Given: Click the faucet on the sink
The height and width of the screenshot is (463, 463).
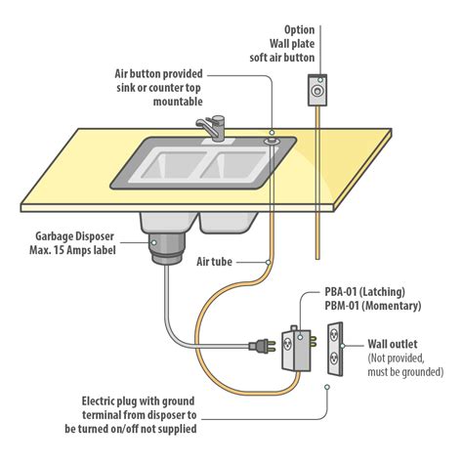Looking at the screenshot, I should click(x=211, y=127).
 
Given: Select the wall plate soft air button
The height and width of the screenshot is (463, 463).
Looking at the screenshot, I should click(x=316, y=95).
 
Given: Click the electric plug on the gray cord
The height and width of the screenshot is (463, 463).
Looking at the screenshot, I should click(x=262, y=344).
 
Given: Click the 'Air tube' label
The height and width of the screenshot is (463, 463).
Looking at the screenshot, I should click(x=218, y=263).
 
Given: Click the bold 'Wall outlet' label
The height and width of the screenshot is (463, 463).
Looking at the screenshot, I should click(x=396, y=345).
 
